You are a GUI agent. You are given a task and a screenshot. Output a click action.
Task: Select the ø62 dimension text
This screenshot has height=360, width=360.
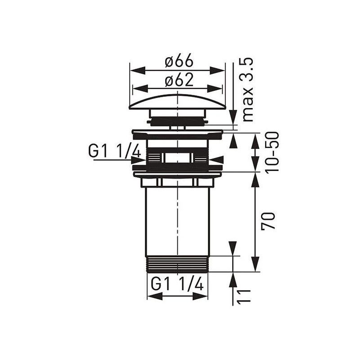[179, 80]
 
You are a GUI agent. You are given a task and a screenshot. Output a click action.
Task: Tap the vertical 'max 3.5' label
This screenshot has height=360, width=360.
[248, 90]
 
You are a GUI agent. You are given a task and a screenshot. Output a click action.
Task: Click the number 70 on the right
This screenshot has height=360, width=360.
[269, 221]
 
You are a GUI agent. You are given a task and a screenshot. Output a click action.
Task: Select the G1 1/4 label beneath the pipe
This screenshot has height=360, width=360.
[177, 284]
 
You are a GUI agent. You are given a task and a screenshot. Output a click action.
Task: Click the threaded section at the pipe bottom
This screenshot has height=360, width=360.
[177, 264]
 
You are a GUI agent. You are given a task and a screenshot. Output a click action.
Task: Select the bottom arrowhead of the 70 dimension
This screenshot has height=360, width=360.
[255, 266]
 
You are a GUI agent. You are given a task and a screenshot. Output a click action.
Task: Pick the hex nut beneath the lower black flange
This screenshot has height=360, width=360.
[177, 182]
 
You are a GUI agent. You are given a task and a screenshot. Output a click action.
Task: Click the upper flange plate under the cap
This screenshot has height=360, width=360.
[177, 134]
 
